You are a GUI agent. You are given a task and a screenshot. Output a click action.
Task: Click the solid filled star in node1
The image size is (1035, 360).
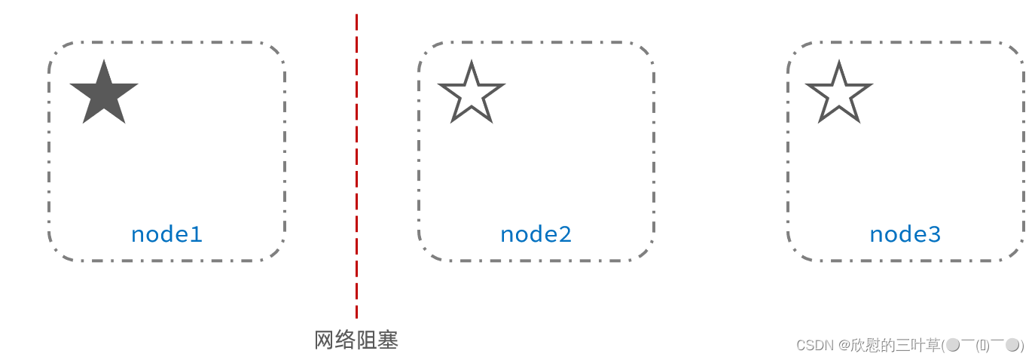[104, 94]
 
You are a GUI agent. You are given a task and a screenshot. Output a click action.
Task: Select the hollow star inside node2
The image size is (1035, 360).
[472, 95]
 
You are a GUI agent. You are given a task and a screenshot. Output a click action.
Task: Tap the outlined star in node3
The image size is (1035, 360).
[839, 95]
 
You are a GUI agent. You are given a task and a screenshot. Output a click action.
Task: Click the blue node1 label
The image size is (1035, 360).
[166, 234]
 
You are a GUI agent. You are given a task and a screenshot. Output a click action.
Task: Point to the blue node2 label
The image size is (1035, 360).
[536, 234]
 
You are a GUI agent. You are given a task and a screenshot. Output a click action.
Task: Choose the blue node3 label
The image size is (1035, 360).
[905, 234]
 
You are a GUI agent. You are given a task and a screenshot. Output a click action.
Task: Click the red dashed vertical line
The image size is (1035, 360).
[356, 166]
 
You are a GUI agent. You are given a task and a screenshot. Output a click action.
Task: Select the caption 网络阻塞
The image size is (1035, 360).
[356, 340]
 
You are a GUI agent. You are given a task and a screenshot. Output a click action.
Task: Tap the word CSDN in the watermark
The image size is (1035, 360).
[814, 346]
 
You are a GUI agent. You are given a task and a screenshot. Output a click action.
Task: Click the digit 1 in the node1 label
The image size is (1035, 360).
[197, 234]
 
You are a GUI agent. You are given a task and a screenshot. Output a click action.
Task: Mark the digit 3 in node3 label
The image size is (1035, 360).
[934, 234]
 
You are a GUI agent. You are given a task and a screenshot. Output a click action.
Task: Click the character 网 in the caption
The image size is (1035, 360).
[324, 340]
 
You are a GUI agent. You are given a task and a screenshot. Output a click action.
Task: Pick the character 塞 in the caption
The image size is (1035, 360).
[388, 340]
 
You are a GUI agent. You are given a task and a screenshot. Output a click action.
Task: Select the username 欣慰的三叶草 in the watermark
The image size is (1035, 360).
[896, 346]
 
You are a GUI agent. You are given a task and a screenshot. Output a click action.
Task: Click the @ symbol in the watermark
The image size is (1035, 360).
[844, 346]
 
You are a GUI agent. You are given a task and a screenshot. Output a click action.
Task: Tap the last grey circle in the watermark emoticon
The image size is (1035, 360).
[1012, 345]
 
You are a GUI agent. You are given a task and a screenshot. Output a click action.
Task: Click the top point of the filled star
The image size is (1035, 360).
[104, 63]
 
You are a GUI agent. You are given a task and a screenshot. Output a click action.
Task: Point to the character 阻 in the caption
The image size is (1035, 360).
[367, 340]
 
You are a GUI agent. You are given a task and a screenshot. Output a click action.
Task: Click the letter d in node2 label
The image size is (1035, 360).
[539, 234]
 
